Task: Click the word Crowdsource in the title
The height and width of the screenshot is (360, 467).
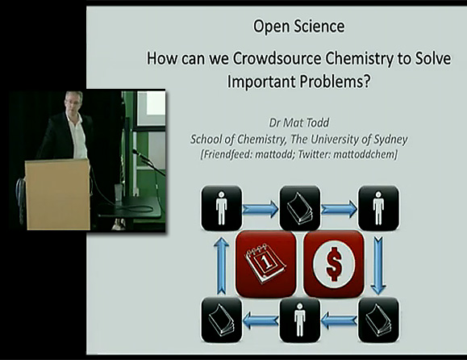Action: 277,58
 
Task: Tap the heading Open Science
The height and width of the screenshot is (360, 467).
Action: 298,26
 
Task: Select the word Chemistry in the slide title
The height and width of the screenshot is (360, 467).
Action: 359,59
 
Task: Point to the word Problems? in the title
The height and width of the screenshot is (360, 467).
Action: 335,82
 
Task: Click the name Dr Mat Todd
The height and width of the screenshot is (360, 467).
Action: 299,123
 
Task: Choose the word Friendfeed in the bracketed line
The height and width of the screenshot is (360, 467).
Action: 227,155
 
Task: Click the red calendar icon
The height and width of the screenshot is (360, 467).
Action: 265,264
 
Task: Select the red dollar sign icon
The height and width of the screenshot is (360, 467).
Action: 334,264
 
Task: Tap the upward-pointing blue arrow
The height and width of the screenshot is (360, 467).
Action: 221,266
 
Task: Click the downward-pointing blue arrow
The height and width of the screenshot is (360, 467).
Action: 378,266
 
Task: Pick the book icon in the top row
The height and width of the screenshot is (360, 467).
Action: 300,208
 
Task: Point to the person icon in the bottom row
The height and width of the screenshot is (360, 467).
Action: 300,320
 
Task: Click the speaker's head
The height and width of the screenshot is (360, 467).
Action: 73,102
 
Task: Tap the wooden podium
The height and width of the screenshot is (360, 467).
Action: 58,194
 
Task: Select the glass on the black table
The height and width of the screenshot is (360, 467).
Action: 118,193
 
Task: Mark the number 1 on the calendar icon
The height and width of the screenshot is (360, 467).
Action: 266,262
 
